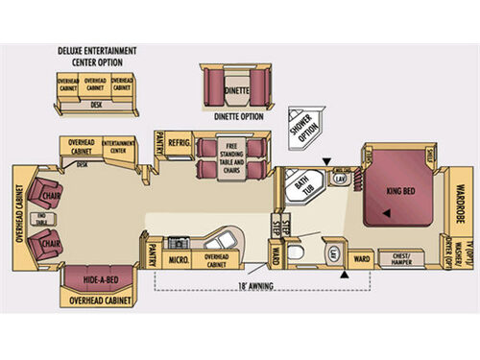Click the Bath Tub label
[302, 183]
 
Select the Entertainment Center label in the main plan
[117, 145]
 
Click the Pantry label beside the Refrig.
[159, 142]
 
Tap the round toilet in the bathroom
[297, 252]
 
